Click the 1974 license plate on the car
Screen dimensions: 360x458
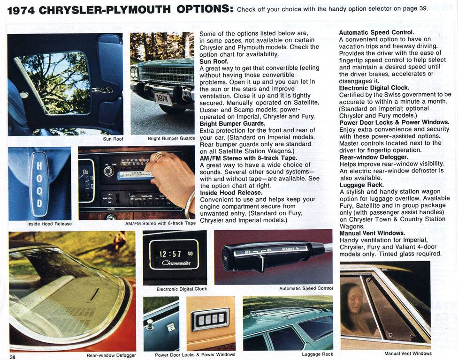coord(163,99)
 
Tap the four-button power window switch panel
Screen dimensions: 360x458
coord(211,319)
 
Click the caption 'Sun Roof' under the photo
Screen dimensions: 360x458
coord(113,139)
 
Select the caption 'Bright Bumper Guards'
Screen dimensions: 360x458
coord(171,139)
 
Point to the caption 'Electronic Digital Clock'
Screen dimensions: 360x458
coord(182,289)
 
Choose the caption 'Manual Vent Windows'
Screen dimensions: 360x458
coord(408,353)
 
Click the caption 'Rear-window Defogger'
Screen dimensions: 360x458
coord(111,355)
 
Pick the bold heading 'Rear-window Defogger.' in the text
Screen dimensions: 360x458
coord(373,157)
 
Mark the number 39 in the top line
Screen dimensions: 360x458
coord(422,9)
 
